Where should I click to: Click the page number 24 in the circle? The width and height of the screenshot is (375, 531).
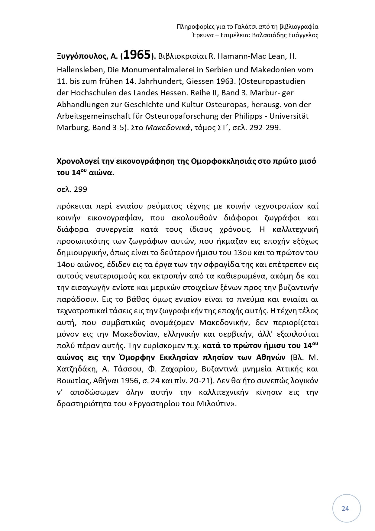(x=345, y=509)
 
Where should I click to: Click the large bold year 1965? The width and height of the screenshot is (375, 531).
(x=137, y=55)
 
